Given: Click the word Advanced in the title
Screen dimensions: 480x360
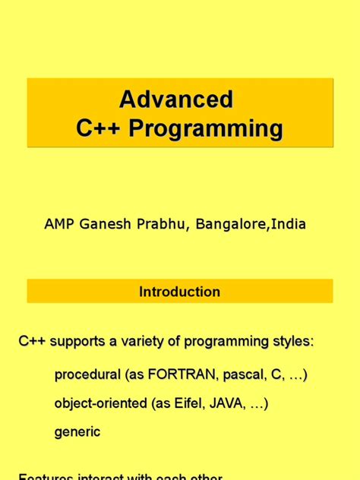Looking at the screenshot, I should (x=175, y=99).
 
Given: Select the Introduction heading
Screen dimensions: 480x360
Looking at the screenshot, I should (x=180, y=292).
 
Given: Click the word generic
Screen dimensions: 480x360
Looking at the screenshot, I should (x=77, y=432).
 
